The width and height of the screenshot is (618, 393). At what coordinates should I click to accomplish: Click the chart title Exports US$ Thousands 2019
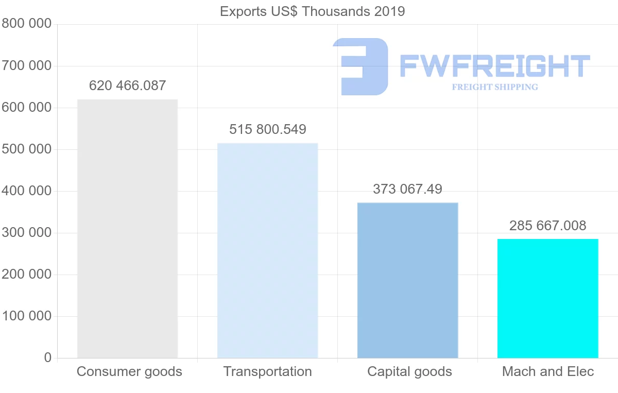coord(312,11)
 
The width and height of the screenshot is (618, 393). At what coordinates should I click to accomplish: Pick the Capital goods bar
coord(407,280)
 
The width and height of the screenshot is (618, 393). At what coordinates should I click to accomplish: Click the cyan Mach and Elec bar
coord(547,298)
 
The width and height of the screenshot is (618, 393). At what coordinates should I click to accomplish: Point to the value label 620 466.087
coord(127,86)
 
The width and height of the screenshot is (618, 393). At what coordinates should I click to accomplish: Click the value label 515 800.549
coord(267,129)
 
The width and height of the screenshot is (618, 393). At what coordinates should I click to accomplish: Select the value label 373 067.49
coord(407,189)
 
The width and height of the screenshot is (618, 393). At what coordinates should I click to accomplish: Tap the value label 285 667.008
coord(547,226)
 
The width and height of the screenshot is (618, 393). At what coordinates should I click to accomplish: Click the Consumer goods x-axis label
coord(129,371)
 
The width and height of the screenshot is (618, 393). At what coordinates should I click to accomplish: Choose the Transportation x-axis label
coord(267,371)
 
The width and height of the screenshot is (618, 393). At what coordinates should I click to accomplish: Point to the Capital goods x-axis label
coord(409,371)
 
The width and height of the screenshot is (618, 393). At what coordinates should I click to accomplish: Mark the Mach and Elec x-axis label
coord(548,371)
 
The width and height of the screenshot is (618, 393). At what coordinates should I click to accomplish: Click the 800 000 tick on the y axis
coord(26,24)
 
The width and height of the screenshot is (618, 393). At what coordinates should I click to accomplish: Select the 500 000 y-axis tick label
coord(26,149)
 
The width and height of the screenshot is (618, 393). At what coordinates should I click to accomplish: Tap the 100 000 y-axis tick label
coord(26,316)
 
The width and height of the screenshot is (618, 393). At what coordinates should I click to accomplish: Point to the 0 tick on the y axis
coord(47,357)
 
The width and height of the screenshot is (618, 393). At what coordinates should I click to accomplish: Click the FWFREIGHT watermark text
coord(494,66)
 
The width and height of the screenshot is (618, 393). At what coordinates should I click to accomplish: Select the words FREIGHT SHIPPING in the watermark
coord(495,87)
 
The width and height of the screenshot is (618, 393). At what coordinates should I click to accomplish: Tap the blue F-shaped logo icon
coord(361,66)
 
